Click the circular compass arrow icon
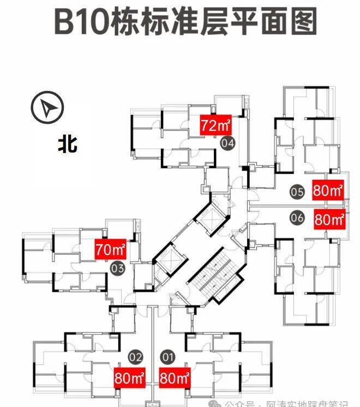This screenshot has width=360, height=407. coord(47,108)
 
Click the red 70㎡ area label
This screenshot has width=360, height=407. coord(110,250)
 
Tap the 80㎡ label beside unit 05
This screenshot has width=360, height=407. coord(328,191)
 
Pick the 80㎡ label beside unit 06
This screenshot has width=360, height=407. coord(329,220)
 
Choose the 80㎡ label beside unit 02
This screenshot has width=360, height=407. coord(129,376)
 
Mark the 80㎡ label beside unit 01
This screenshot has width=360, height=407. coord(174,376)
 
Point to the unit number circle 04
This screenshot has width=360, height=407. coord(228,143)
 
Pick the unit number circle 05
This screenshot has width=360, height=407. coord(297,191)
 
